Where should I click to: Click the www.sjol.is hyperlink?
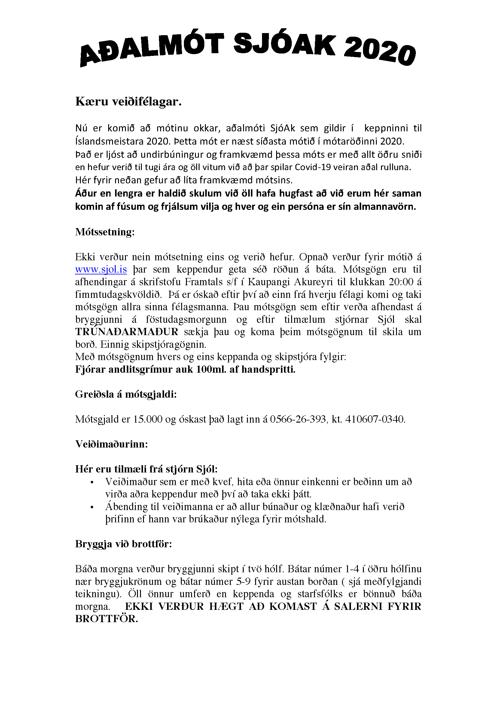click(101, 269)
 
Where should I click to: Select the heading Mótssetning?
click(105, 232)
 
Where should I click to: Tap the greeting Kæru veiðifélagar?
click(128, 102)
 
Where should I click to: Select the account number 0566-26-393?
click(297, 419)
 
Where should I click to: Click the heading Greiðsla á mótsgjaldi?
click(126, 394)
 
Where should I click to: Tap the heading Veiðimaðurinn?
click(111, 444)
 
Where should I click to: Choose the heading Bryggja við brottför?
click(123, 544)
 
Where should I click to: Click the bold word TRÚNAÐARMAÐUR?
click(127, 332)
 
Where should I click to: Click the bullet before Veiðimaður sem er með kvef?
click(92, 483)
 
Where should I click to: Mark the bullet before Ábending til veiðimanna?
click(92, 507)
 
